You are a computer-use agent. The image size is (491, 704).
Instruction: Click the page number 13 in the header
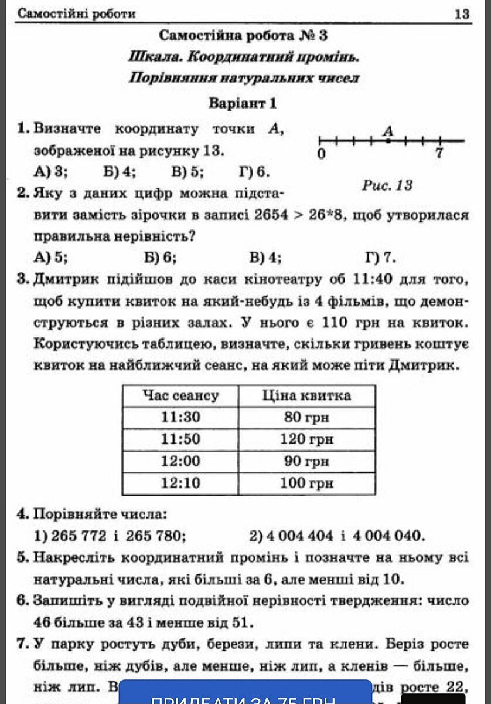point(462,13)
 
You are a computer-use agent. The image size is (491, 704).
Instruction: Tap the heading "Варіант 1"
point(243,104)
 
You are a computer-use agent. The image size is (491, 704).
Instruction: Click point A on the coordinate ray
point(388,141)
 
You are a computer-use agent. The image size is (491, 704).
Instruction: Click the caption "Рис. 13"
point(387,185)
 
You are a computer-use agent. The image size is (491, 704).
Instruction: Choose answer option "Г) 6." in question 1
point(254,172)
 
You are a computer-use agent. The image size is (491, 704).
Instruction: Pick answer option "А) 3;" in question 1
point(52,172)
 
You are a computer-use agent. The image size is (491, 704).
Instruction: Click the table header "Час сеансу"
point(180,395)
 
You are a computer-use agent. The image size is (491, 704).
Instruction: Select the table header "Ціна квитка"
point(306,395)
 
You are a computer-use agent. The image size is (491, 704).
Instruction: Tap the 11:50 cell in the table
point(180,439)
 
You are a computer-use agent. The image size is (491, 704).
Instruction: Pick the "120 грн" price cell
point(306,439)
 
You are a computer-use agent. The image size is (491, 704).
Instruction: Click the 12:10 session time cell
point(180,483)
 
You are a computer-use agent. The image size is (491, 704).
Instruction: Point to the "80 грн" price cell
point(306,417)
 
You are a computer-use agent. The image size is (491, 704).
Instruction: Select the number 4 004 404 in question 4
point(299,535)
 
